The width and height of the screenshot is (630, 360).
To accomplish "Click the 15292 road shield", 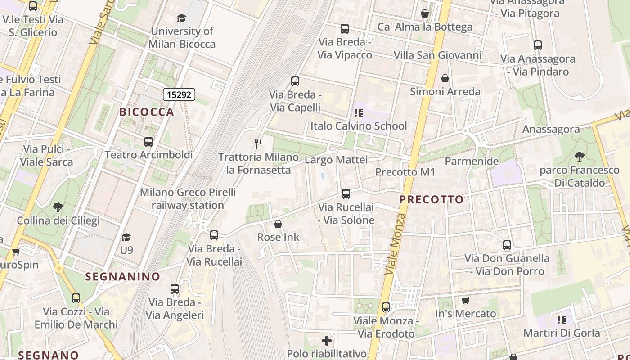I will (179, 94).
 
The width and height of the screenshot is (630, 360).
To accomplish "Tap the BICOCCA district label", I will (147, 112).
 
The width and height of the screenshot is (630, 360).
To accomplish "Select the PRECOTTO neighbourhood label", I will (432, 199).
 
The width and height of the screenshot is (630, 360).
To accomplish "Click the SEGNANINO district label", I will (123, 276).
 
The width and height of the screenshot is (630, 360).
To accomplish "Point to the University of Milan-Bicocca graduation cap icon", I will (181, 18).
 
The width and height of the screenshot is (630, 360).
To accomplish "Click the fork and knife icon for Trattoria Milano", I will (258, 144).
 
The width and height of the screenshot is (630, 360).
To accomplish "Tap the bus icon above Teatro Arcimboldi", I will (148, 142).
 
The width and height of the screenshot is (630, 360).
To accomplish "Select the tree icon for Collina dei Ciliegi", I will (58, 207).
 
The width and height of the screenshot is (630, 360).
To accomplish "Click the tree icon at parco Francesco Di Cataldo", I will (579, 157).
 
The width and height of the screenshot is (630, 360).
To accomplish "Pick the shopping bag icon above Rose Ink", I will (278, 224).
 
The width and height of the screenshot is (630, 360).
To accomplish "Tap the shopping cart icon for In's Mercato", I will (465, 300).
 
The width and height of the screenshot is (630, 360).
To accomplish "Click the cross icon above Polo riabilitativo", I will (327, 341).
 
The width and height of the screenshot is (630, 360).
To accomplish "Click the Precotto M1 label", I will (405, 172).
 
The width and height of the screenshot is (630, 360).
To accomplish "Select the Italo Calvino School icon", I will (359, 113).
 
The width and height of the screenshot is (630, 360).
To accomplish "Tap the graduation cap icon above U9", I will (126, 237).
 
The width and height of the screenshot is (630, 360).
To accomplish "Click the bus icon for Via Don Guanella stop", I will (507, 245).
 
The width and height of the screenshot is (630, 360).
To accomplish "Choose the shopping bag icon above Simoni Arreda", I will (445, 79).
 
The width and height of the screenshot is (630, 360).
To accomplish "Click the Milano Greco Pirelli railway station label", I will (188, 199).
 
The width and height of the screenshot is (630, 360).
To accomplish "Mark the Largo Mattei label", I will (336, 160).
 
